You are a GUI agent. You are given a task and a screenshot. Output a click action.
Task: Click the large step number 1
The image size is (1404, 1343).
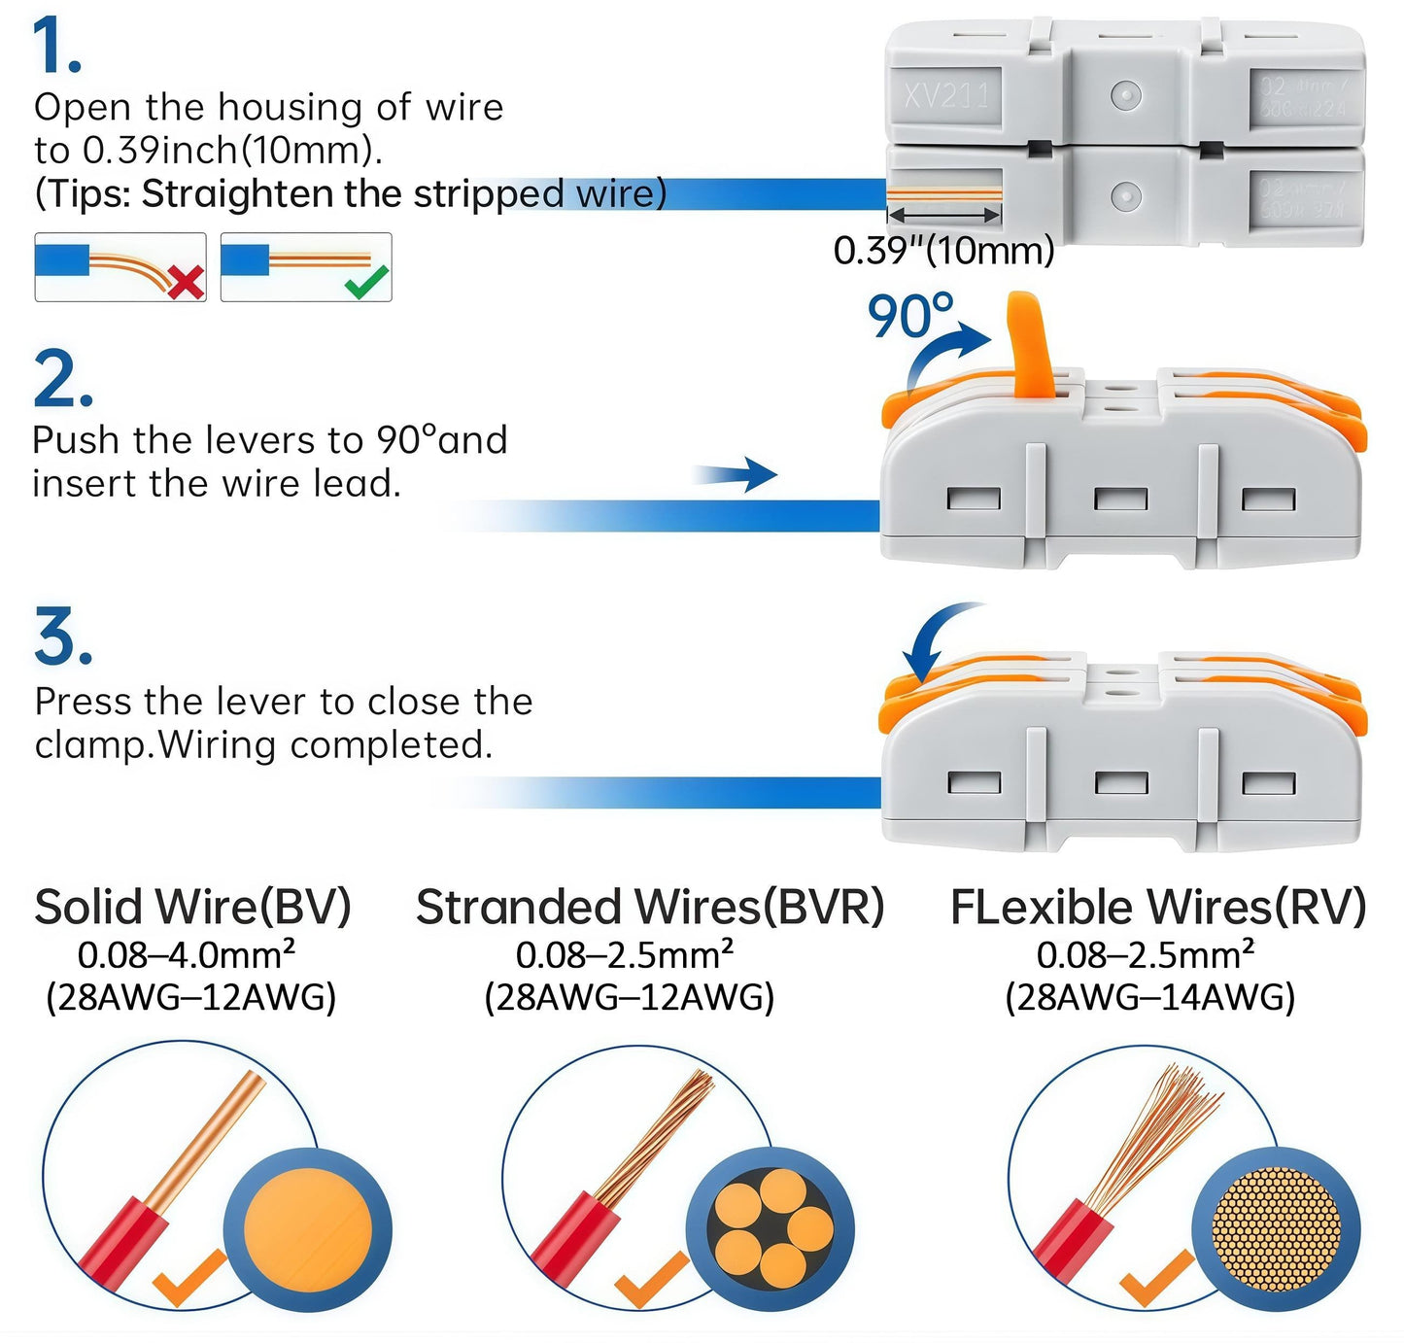click(56, 47)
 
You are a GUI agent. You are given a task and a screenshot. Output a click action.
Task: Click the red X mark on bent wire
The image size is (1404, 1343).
click(185, 282)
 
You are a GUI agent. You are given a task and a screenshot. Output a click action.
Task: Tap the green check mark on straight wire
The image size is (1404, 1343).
click(367, 281)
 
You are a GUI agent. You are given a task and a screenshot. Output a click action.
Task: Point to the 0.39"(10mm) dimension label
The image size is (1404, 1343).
click(943, 251)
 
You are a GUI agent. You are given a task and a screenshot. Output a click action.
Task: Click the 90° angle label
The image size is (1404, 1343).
click(909, 316)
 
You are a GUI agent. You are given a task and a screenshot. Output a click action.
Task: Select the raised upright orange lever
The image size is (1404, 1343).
click(1027, 345)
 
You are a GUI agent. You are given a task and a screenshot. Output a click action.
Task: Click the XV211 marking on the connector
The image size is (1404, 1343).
click(945, 95)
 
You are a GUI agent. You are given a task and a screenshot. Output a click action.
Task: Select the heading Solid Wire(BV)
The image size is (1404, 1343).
click(192, 907)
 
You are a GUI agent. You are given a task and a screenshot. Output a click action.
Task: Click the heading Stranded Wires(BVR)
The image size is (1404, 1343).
click(650, 907)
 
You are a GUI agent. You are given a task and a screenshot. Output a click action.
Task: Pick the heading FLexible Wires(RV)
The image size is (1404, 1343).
click(1158, 907)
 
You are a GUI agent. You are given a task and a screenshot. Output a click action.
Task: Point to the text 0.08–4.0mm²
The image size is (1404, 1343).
click(187, 954)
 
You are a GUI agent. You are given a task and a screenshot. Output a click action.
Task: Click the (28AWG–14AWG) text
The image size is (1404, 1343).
click(1149, 998)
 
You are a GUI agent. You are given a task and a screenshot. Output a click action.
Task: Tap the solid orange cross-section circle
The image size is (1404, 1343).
click(307, 1229)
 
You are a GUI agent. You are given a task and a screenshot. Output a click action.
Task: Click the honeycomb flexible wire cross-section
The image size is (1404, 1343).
click(1276, 1229)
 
